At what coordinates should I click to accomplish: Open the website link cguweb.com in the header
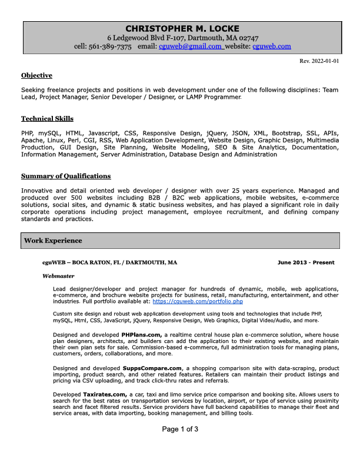click(x=271, y=46)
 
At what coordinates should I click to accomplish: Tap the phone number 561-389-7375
click(x=111, y=46)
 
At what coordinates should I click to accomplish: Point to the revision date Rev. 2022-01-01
click(x=319, y=61)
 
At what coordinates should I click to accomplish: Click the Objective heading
click(x=36, y=75)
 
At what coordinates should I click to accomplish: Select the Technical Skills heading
click(x=47, y=119)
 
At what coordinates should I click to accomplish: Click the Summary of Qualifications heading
click(x=65, y=176)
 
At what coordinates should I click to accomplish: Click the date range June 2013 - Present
click(x=306, y=262)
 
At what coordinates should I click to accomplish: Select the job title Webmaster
click(x=58, y=275)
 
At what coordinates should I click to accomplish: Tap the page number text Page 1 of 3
click(x=180, y=429)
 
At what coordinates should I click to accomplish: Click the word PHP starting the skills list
click(x=27, y=134)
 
